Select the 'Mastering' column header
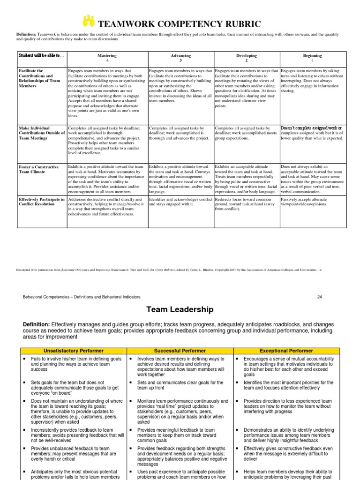pos(107,58)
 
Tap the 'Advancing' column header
pos(181,58)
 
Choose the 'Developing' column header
pos(247,58)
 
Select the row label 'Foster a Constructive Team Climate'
pos(38,169)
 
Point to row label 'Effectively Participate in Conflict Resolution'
pos(42,202)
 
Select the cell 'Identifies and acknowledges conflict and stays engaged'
pos(180,202)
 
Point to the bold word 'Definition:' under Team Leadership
pos(36,325)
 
